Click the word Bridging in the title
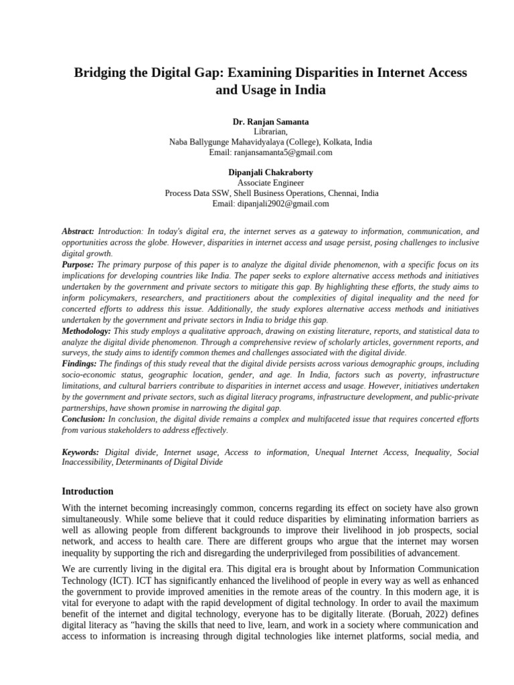pyautogui.click(x=102, y=72)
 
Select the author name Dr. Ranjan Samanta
pyautogui.click(x=270, y=122)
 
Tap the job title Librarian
pyautogui.click(x=270, y=132)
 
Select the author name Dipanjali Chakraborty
pyautogui.click(x=270, y=173)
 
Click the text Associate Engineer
pyautogui.click(x=270, y=183)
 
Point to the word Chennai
pyautogui.click(x=343, y=193)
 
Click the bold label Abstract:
pyautogui.click(x=78, y=230)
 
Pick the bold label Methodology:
pyautogui.click(x=87, y=331)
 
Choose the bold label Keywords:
pyautogui.click(x=80, y=453)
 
